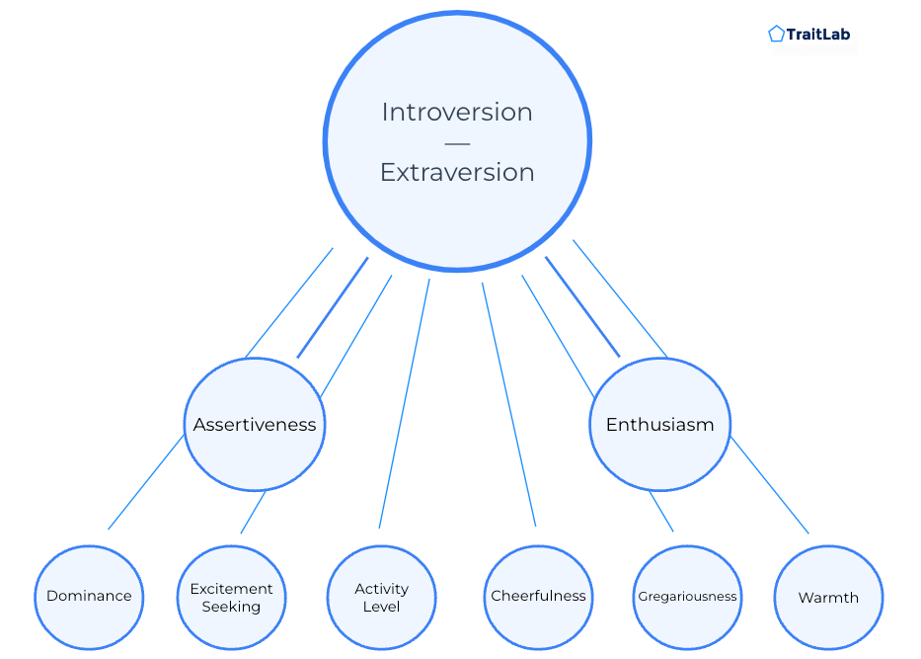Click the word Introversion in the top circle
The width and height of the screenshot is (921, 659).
click(457, 113)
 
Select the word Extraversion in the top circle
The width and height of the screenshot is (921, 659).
click(457, 172)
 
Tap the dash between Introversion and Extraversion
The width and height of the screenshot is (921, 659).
click(457, 143)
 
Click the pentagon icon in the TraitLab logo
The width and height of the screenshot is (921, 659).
click(776, 34)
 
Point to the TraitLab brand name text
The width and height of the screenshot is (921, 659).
click(818, 35)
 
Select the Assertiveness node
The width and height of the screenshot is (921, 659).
click(255, 424)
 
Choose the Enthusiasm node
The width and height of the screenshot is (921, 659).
click(660, 424)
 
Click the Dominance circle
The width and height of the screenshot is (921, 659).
click(89, 597)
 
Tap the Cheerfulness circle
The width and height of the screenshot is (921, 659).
click(538, 597)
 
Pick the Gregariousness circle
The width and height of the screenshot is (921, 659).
click(687, 597)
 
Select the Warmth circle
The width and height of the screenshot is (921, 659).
click(828, 597)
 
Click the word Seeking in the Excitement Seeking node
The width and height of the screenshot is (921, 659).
click(231, 607)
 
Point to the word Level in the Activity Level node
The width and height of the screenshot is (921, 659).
click(381, 607)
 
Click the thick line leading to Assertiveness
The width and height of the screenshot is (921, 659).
click(333, 307)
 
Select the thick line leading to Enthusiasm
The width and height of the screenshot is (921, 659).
click(582, 306)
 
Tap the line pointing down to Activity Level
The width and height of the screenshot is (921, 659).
click(404, 403)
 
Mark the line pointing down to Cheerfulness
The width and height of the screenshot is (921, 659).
click(508, 404)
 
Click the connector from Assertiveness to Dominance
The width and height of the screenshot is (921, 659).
click(146, 481)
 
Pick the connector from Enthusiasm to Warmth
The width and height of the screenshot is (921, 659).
click(769, 485)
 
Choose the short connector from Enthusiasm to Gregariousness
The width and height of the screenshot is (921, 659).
click(660, 512)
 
